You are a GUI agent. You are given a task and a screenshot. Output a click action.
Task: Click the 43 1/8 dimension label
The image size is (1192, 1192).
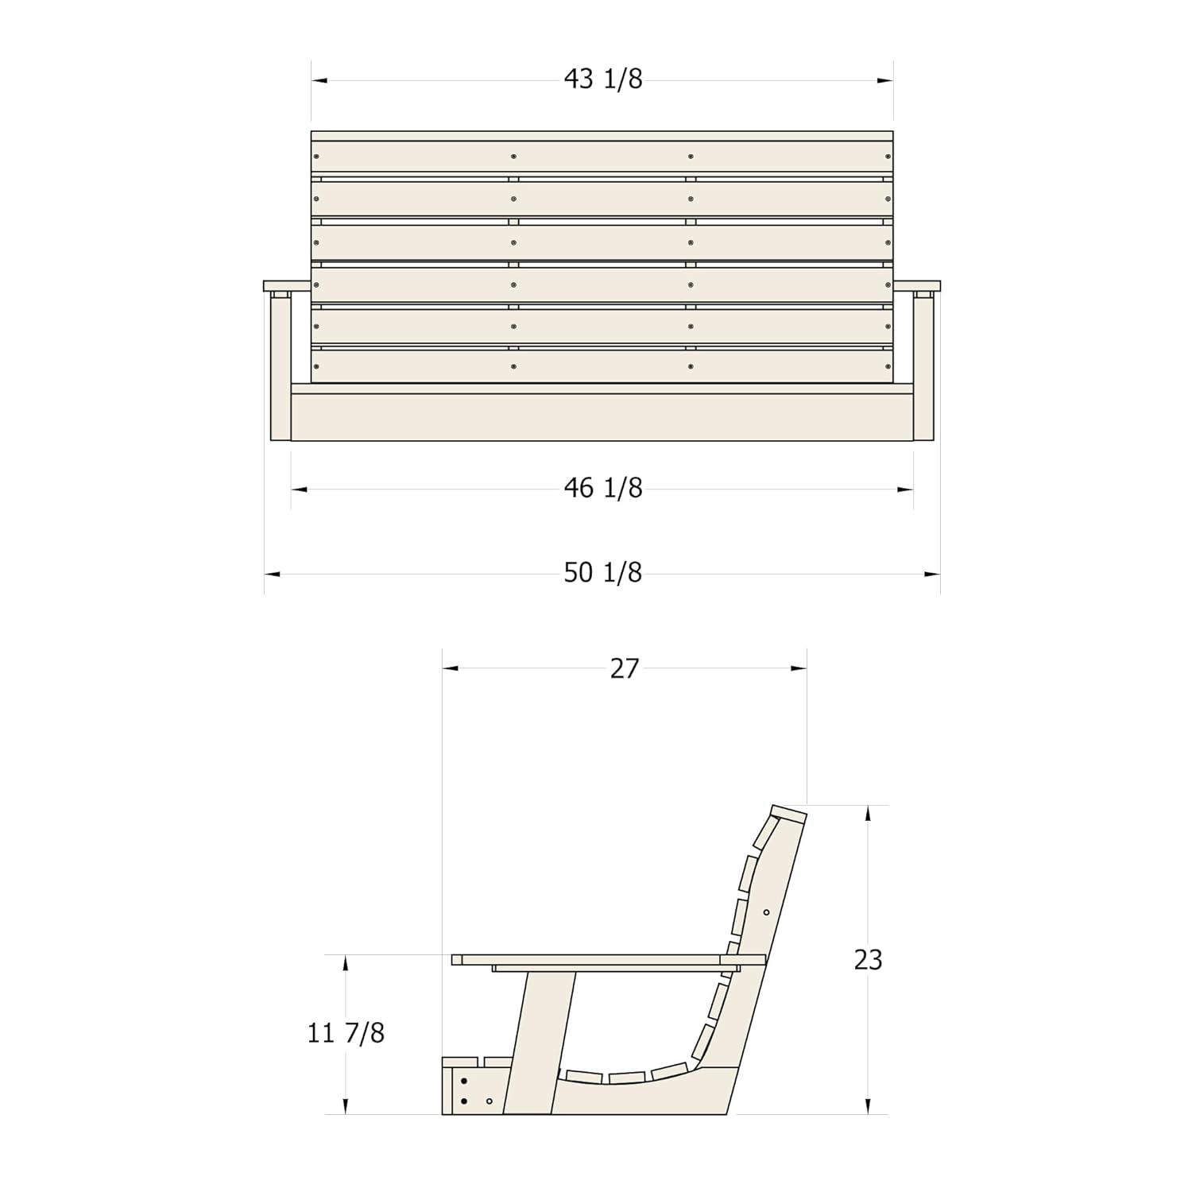603,79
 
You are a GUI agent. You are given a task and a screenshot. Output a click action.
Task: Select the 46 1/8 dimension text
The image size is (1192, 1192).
603,487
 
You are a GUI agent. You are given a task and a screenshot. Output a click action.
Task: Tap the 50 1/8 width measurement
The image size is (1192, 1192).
603,572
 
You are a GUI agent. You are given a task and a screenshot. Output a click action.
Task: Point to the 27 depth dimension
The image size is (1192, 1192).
625,668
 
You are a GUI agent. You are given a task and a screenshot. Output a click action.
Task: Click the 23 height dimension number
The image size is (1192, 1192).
868,960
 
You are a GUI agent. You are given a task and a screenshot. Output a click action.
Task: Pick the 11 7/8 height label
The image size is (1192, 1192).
346,1033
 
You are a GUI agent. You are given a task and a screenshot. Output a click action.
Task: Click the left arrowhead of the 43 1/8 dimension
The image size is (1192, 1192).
319,80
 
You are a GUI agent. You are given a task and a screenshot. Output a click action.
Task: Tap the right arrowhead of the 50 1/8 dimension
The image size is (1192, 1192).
931,574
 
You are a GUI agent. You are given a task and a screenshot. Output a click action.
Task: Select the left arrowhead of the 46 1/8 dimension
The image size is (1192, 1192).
299,490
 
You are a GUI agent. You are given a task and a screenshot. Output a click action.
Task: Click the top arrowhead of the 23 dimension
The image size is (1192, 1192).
868,813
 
